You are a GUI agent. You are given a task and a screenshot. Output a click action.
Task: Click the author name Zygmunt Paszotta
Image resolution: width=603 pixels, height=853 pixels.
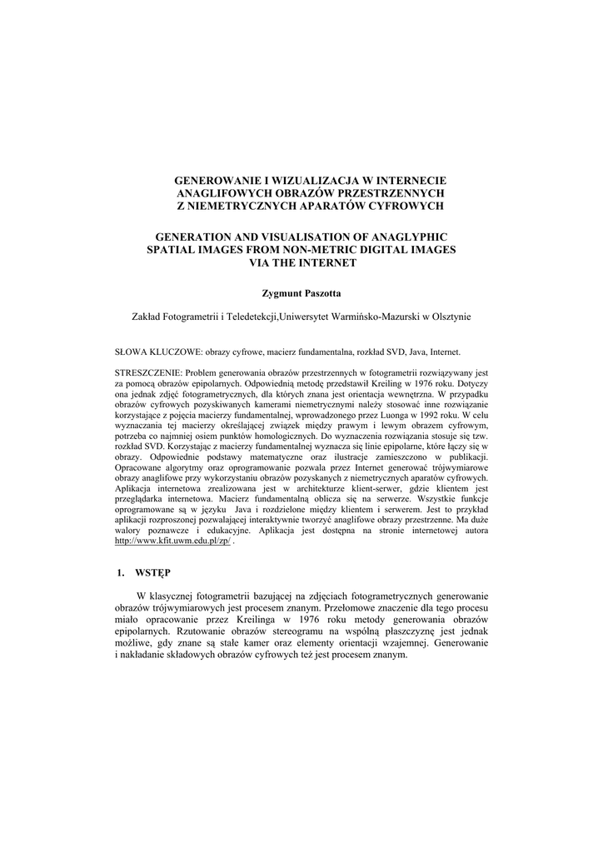tap(301, 293)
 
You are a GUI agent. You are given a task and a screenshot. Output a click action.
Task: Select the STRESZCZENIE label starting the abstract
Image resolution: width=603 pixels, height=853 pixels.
tap(147, 373)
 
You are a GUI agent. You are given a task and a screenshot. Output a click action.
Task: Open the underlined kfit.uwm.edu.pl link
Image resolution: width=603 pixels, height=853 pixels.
tap(172, 541)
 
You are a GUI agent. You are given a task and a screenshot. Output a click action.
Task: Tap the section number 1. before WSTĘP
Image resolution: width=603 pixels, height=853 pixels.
tap(119, 573)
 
